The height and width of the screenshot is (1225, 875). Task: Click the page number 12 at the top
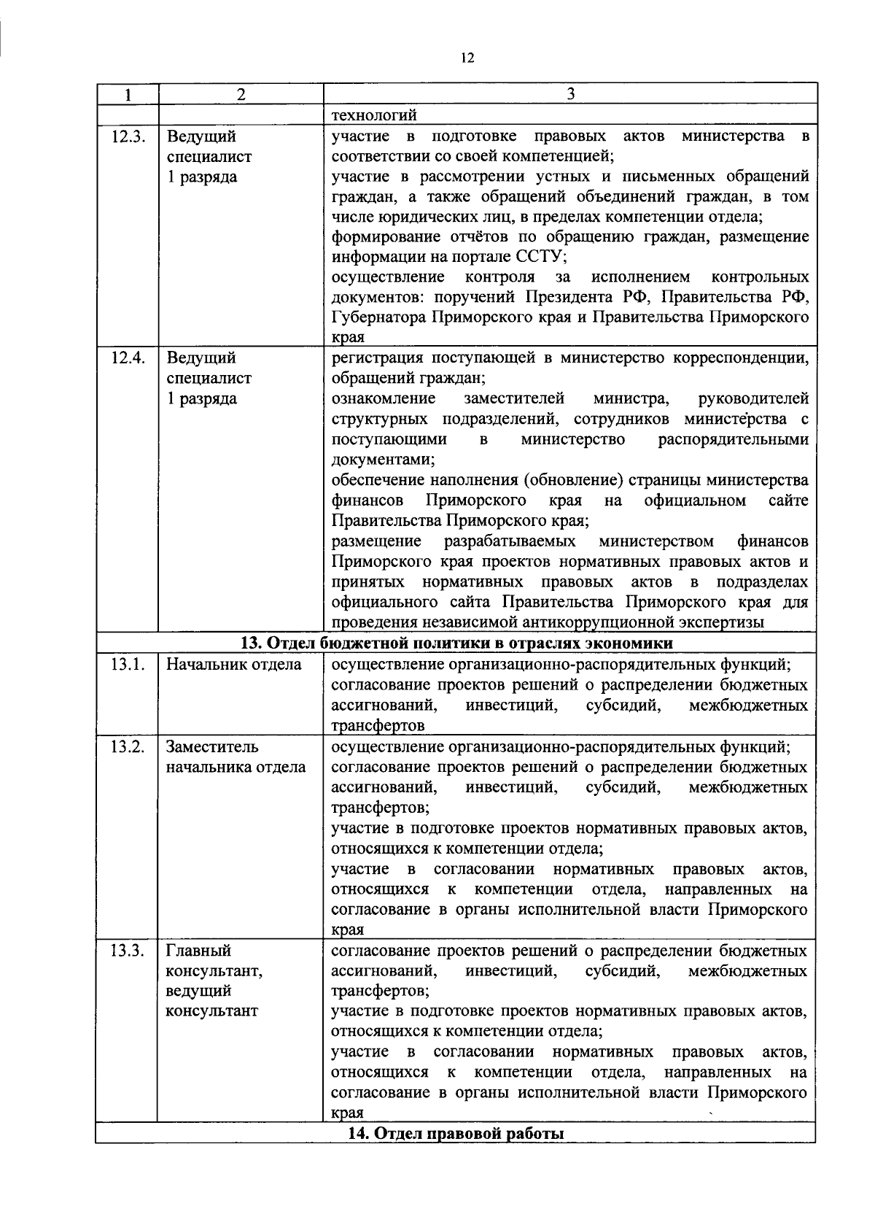(467, 58)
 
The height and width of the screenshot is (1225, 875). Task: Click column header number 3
(570, 94)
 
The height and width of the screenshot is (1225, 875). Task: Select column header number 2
(241, 94)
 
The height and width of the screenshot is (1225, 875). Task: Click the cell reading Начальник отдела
(233, 665)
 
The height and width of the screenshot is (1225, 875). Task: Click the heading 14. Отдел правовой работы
(456, 1134)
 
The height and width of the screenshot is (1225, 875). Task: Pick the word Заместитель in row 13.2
(212, 747)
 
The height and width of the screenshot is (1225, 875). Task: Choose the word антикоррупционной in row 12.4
(607, 622)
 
